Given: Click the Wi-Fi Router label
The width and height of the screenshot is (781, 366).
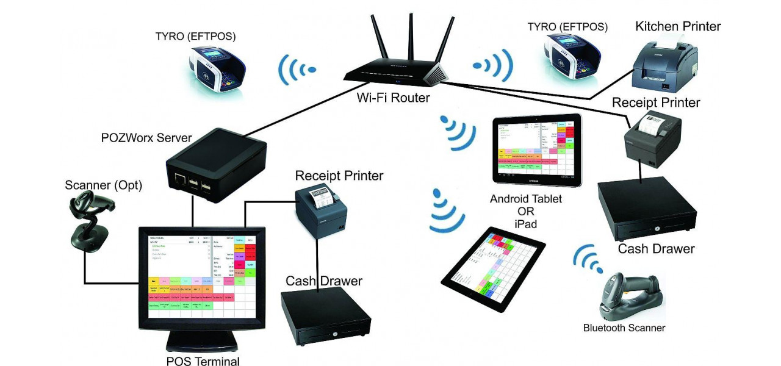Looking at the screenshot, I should click(394, 98).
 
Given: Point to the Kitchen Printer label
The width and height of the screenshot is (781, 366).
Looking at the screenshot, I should click(678, 26).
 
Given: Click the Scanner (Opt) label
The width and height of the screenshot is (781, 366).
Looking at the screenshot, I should click(104, 185).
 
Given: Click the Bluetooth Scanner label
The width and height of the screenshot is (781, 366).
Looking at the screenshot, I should click(624, 328).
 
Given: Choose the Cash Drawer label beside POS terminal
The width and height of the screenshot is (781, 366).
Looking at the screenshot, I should click(324, 281).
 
